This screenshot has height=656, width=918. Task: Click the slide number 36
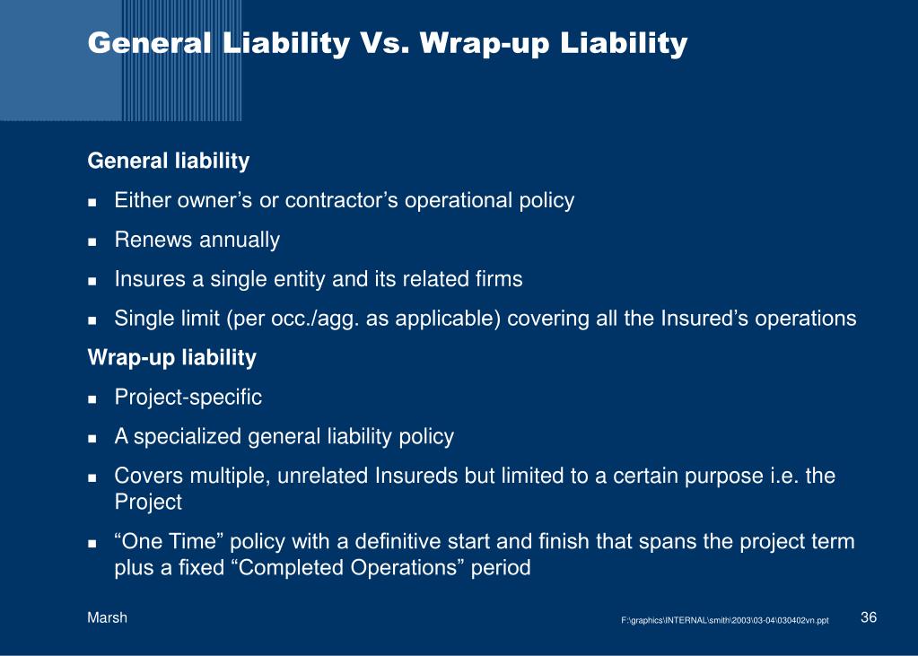869,617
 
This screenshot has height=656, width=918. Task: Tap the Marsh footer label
107,617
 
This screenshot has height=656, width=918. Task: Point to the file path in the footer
725,620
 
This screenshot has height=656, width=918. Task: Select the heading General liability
169,161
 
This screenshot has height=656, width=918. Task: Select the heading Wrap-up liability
172,357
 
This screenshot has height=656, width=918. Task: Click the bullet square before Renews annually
92,241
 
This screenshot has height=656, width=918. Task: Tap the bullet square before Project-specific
92,398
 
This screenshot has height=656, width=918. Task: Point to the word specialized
188,437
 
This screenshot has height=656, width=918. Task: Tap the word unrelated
322,476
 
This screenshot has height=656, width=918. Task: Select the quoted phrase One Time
170,540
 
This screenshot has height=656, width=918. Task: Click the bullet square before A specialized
92,438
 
